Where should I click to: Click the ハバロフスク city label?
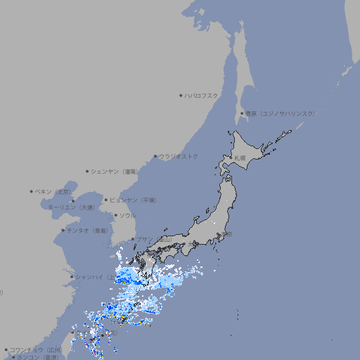[201, 96]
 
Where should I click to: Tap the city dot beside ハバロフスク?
[181, 96]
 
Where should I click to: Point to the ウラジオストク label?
[179, 156]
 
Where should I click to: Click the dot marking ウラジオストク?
[155, 157]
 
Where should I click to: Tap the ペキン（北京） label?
[53, 191]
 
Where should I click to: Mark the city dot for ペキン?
[32, 191]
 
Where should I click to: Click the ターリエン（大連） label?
[70, 207]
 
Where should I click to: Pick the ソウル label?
[127, 215]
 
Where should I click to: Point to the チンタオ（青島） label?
[88, 230]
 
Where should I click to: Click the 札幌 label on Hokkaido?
[240, 158]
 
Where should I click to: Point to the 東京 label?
[225, 235]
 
